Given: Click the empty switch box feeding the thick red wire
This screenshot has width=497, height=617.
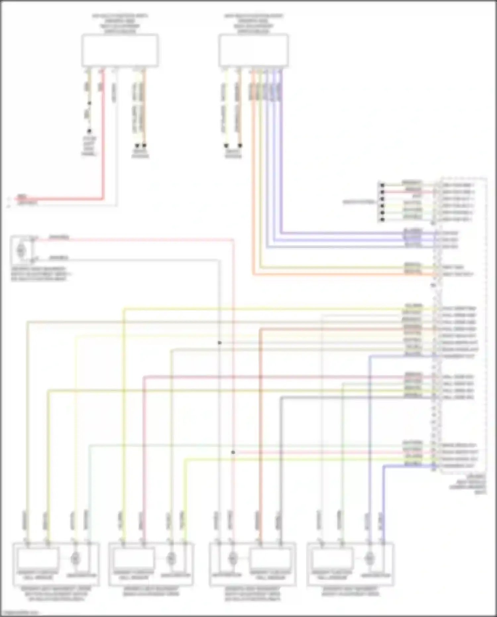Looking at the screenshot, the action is coord(120,50).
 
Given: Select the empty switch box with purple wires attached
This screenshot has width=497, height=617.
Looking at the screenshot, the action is coord(253,50).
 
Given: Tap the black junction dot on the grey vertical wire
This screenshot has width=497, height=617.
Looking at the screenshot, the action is coord(219,342).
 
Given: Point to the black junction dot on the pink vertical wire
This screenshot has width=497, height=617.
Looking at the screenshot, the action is coord(233,452).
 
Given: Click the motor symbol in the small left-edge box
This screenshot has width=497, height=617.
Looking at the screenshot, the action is coord(21,250).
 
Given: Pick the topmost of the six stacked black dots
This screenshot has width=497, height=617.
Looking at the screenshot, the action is coord(382,185).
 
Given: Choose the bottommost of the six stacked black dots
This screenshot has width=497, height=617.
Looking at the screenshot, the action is coord(382,219).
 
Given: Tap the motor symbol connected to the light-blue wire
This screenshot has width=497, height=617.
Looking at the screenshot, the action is coord(75,558).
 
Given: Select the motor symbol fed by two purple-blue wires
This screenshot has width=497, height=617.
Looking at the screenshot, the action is coord(369,558).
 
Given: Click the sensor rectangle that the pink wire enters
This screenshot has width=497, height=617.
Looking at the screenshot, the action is coord(134,558).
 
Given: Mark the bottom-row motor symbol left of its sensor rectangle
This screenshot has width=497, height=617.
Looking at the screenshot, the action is coord(233,558).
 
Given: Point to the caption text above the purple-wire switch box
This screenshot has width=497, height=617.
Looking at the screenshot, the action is coord(253,24).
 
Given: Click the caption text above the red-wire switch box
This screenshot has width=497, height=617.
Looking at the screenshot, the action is coord(120,24).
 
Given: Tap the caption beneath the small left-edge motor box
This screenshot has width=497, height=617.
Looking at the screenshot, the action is coord(39,274).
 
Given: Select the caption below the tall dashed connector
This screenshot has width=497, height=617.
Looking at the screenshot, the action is coord(468,484).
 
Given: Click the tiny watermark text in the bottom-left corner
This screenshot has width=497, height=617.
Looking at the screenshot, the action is coord(20,613).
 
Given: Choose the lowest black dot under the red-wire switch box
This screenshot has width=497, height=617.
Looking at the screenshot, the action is coord(89,131).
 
